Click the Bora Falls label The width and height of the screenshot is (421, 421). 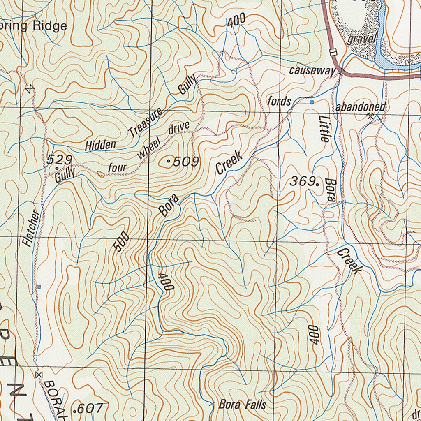coord(242,405)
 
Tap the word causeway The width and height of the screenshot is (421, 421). coord(312,71)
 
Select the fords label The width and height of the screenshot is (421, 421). coord(279,101)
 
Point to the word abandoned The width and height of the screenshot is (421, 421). coord(360,107)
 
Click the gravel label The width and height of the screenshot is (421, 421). coord(362,39)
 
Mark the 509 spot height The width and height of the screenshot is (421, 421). coord(185,162)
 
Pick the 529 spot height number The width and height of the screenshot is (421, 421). coord(59,160)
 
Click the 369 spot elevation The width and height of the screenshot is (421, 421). coord(302,181)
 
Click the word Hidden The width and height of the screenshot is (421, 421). coord(101,145)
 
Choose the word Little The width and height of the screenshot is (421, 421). coord(324,128)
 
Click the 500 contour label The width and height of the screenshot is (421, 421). coord(122,242)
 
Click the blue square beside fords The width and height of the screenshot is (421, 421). coord(312,102)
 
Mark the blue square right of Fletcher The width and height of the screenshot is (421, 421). coord(39,286)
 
